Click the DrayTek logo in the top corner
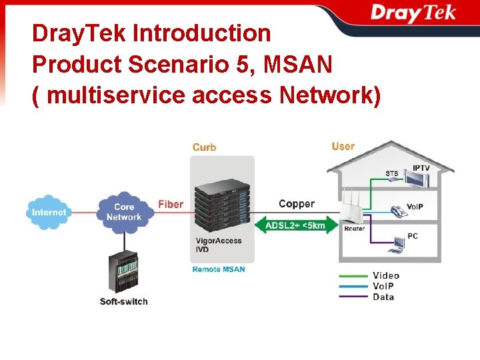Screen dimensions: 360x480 coord(413,13)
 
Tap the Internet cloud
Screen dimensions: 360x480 coord(49,212)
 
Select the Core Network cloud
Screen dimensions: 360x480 coord(124,212)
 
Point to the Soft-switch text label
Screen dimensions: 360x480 coord(124,301)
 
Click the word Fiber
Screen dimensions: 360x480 coord(171,204)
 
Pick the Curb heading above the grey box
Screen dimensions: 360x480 coord(204,147)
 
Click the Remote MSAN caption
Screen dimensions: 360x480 coord(218,269)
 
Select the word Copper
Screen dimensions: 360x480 coord(297,204)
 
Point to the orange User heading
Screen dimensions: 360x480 coord(343,146)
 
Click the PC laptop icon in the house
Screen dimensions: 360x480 coord(397,245)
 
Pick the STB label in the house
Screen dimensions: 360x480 coord(392,174)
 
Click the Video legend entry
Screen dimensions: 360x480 coord(386,275)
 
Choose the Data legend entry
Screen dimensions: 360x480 coord(383,297)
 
